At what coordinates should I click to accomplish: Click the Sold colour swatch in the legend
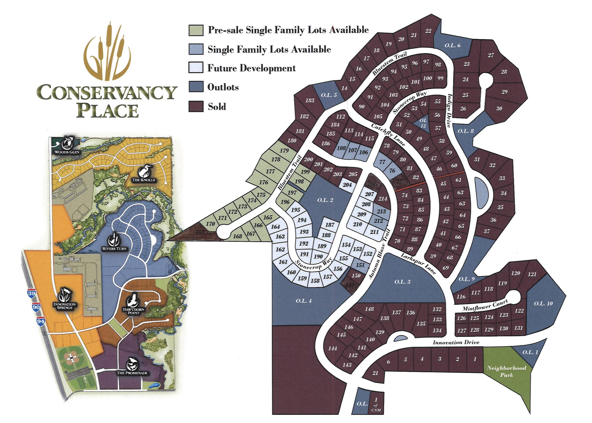point(196,107)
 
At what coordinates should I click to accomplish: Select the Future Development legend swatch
point(196,68)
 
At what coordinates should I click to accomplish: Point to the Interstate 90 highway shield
point(36,307)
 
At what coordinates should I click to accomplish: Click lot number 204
point(347,185)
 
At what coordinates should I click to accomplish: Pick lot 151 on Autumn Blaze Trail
point(360,265)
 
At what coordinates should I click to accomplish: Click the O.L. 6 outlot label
point(452,46)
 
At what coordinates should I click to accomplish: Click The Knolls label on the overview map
point(143,180)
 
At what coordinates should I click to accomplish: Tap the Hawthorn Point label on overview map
point(134,311)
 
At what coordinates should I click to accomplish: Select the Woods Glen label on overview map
point(67,152)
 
